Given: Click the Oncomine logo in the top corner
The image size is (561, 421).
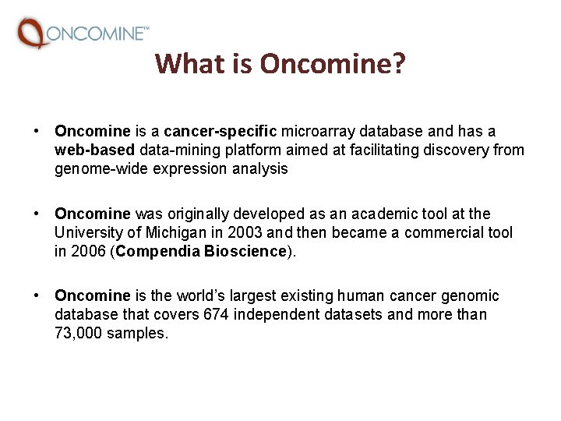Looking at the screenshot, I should [x=83, y=33].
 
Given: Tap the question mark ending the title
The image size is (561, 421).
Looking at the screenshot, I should [x=398, y=63].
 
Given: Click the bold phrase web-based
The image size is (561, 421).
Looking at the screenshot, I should [x=95, y=150].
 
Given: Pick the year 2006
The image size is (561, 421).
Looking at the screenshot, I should [x=86, y=251].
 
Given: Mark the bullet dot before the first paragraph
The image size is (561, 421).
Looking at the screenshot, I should [x=37, y=131].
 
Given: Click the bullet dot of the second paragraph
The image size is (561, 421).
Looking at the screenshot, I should [x=37, y=214].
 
